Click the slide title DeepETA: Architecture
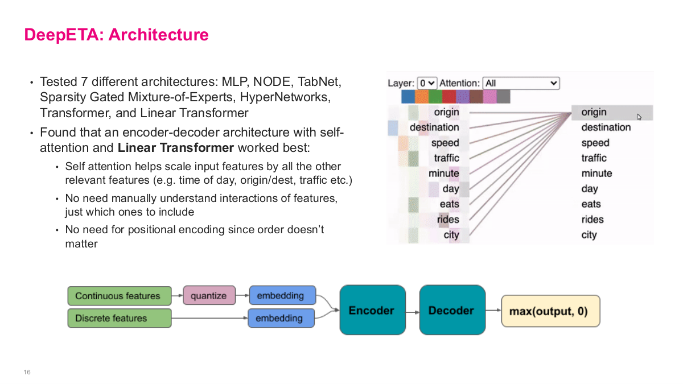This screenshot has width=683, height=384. [x=116, y=35]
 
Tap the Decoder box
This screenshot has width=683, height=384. [x=452, y=310]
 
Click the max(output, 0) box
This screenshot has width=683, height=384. [x=550, y=311]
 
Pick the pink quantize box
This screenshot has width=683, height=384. [x=208, y=296]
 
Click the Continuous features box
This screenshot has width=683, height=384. [x=119, y=296]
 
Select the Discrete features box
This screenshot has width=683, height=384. [x=119, y=318]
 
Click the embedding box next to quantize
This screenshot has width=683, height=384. [x=281, y=296]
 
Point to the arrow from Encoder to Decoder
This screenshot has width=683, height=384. [x=412, y=311]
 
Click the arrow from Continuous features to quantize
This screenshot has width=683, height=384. [x=176, y=296]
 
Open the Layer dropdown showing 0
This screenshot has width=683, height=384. [x=427, y=83]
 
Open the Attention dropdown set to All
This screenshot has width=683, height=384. [x=521, y=83]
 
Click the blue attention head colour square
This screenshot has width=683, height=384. [x=408, y=97]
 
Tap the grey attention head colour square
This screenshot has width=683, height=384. [x=503, y=97]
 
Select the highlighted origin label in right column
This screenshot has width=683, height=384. [x=594, y=112]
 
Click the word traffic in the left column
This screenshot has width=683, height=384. [x=446, y=158]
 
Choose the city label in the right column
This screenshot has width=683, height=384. [x=589, y=235]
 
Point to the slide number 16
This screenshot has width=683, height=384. [x=27, y=372]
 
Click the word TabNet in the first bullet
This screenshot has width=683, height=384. [x=319, y=82]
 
